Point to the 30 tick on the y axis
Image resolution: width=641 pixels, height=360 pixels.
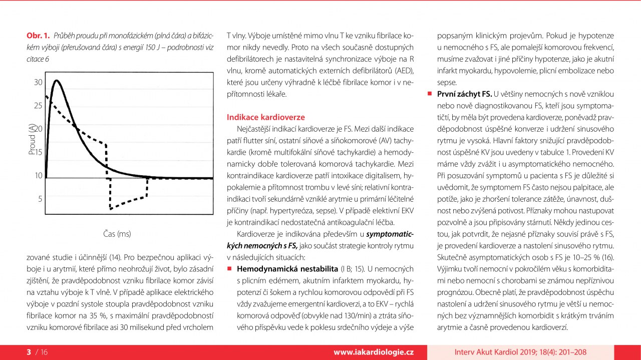click(38, 82)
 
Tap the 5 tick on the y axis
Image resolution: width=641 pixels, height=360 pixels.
click(40, 199)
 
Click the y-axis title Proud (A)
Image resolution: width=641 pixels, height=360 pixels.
click(32, 140)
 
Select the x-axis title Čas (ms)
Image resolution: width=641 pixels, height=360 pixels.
click(117, 233)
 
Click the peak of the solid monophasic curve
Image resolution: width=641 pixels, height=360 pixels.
click(56, 81)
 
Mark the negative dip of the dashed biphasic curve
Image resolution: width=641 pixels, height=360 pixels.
click(111, 208)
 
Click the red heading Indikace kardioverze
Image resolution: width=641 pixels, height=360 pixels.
click(266, 117)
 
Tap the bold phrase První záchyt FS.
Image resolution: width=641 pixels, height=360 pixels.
click(464, 94)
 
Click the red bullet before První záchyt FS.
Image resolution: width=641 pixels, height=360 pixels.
click(429, 94)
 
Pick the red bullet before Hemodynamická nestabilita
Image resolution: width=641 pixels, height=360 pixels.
click(229, 269)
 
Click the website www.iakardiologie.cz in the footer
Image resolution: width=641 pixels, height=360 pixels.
click(373, 352)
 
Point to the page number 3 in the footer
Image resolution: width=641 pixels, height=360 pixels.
click(29, 352)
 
